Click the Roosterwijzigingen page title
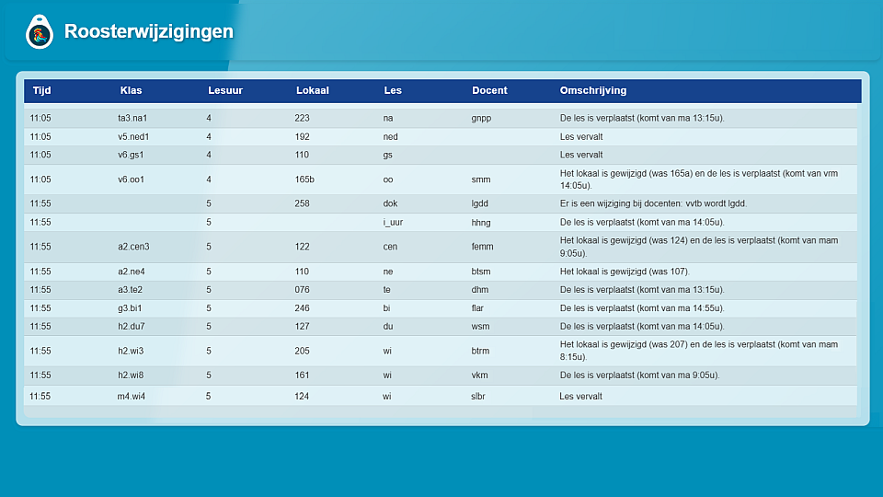[148, 32]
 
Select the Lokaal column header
[312, 91]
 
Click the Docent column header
[489, 91]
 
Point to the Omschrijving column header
[592, 91]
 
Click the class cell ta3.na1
[132, 119]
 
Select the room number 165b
[304, 179]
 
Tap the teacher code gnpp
[481, 119]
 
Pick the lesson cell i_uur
[395, 223]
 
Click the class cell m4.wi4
[132, 397]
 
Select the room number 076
[303, 290]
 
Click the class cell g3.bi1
[131, 308]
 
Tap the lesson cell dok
[390, 204]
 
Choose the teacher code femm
[483, 247]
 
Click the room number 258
[303, 204]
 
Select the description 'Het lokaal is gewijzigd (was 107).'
[624, 272]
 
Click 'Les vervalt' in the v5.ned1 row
[581, 137]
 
